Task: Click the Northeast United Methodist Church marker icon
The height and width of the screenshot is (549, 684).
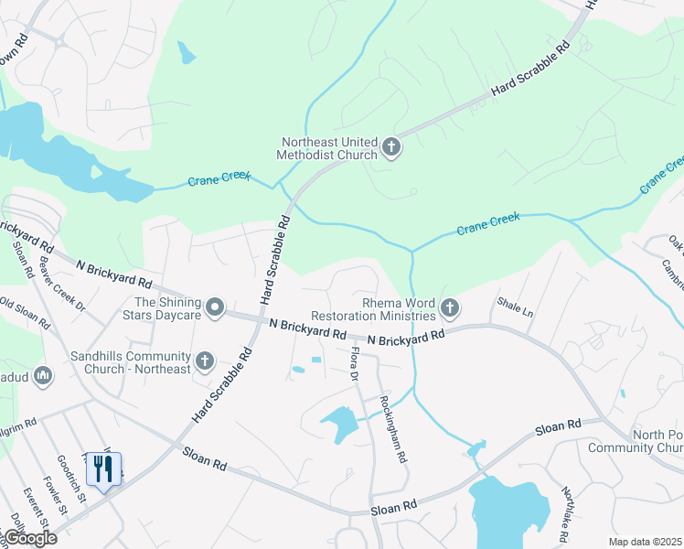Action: tap(391, 147)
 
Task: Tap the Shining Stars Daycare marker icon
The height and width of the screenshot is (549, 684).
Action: tap(215, 307)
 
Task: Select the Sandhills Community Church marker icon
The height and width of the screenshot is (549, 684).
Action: tap(205, 361)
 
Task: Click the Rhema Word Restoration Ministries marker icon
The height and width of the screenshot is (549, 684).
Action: tap(449, 309)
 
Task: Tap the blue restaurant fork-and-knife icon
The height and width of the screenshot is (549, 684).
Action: tap(103, 469)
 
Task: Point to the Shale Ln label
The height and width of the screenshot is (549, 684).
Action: tap(515, 306)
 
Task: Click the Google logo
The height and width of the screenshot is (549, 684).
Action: tap(29, 537)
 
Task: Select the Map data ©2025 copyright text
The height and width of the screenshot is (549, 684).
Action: tap(644, 541)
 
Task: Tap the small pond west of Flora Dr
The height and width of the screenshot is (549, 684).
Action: tap(299, 370)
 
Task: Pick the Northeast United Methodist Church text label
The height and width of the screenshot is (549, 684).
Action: tap(329, 148)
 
